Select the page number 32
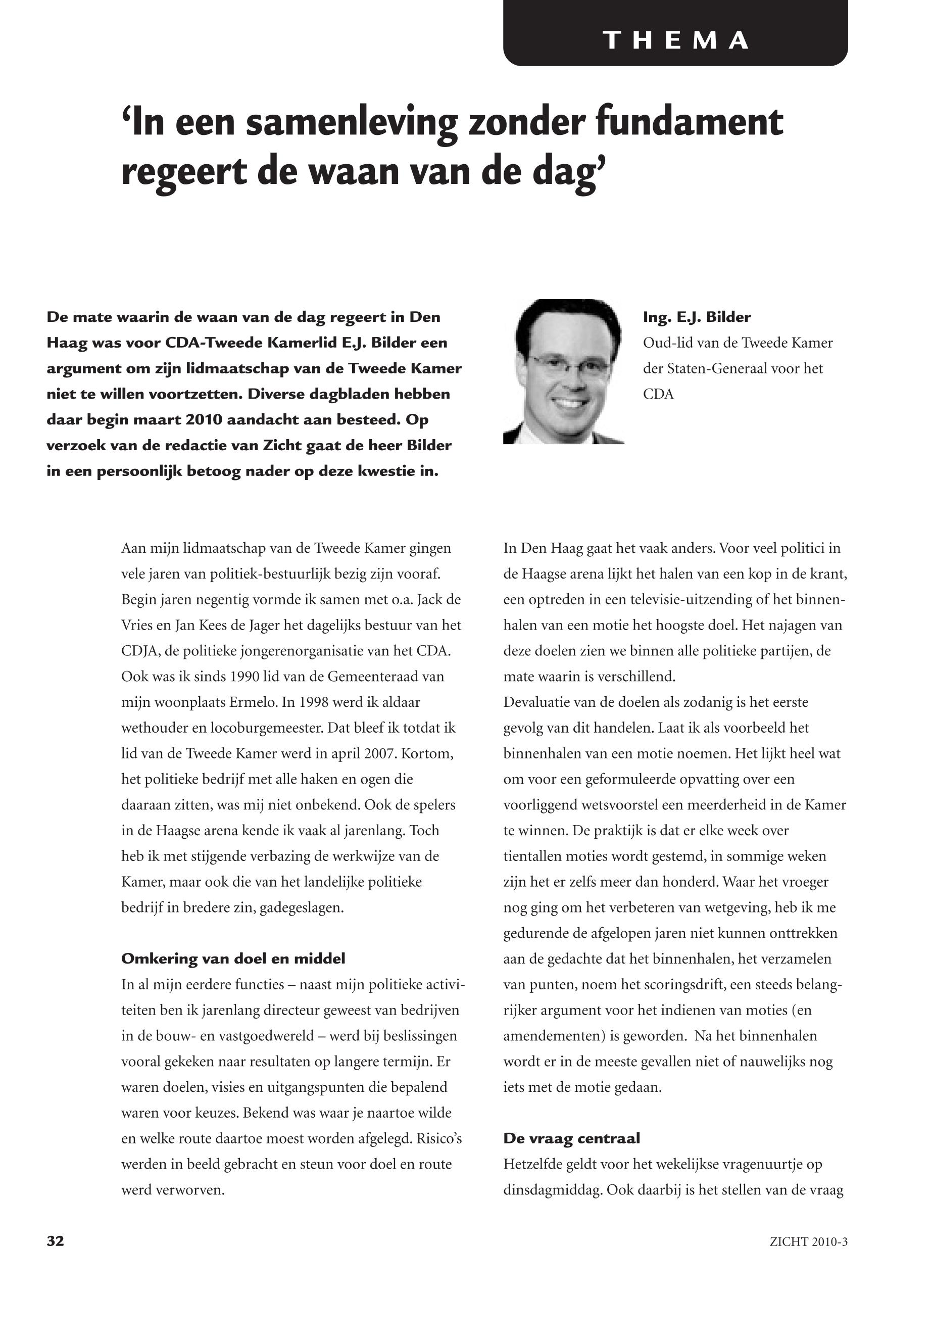pos(56,1241)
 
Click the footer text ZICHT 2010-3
pos(808,1242)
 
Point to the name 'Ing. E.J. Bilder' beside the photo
pos(697,317)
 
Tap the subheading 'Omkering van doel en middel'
pos(233,958)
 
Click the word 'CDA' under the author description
pos(658,394)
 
